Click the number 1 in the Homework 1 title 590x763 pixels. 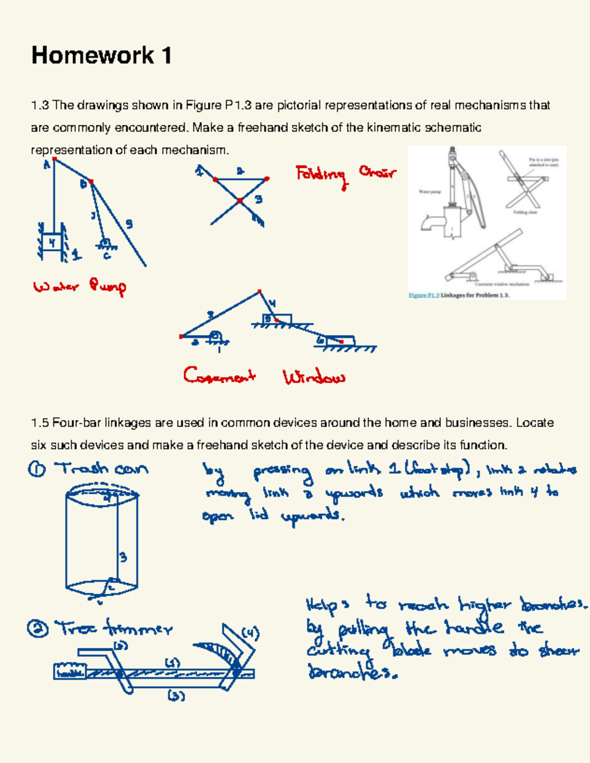coord(166,56)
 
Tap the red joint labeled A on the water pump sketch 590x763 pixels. coord(55,159)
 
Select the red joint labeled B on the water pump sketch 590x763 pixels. coord(91,182)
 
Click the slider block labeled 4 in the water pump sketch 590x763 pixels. coord(52,242)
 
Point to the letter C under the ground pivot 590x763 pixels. coord(107,256)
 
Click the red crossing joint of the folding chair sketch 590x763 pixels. coord(240,200)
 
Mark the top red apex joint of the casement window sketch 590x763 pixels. coord(260,292)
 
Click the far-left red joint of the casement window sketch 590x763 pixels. coord(181,336)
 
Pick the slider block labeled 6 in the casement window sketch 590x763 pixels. coord(339,340)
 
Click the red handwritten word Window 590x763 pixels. coord(314,378)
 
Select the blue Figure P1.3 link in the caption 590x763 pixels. coord(423,295)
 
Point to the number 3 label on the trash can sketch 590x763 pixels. coord(123,557)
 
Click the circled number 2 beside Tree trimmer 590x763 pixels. coord(38,629)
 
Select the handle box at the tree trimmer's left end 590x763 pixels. coord(69,672)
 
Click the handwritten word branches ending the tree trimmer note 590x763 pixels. coord(352,672)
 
